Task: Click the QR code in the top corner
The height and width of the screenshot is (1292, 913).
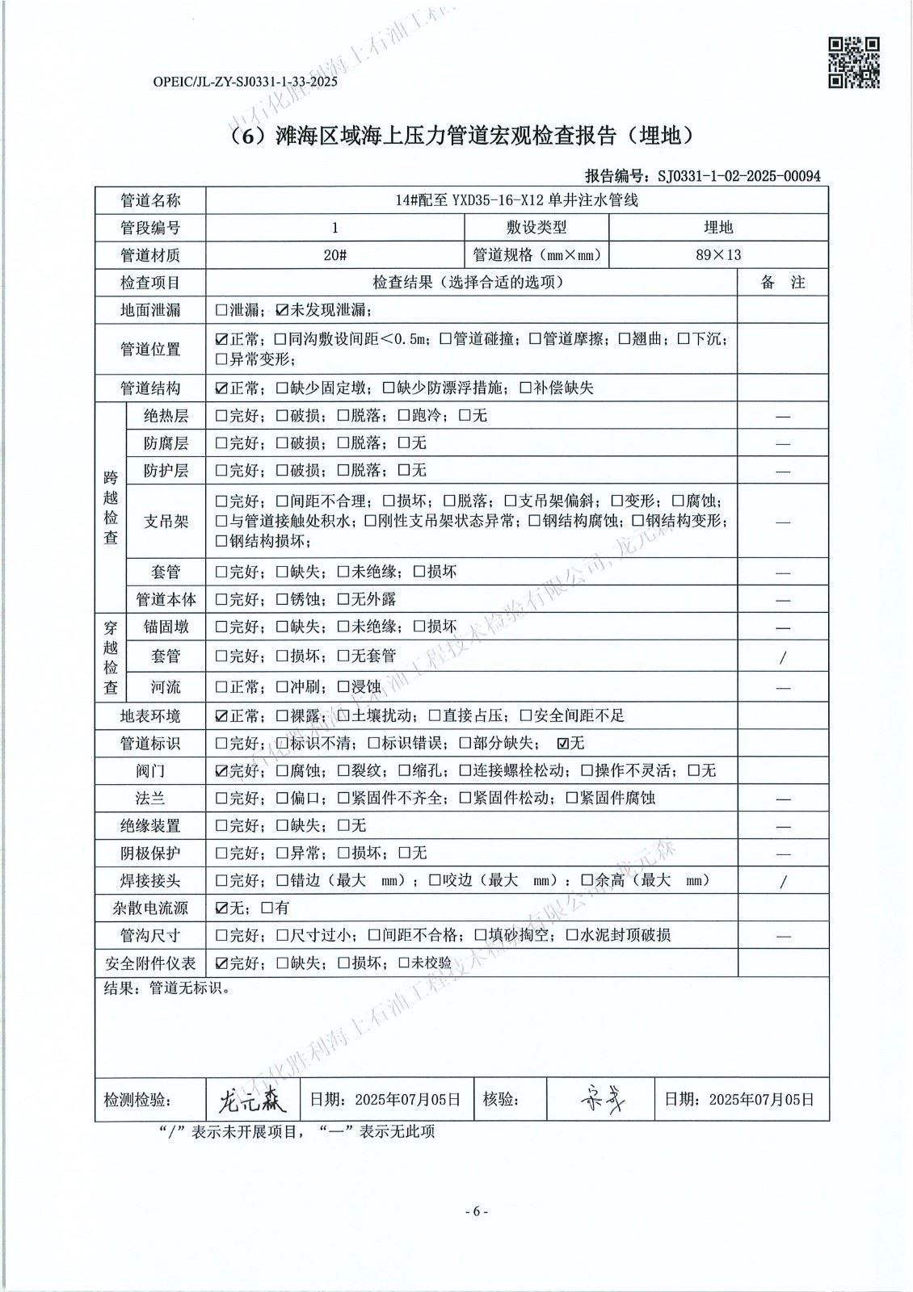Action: [x=854, y=62]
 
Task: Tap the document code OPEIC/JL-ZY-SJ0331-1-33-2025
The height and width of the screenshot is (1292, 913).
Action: [x=245, y=82]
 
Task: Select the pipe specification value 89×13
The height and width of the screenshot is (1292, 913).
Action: [x=717, y=255]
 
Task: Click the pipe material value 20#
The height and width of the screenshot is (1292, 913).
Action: [x=334, y=255]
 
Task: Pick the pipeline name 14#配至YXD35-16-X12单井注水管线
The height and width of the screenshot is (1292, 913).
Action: [x=517, y=200]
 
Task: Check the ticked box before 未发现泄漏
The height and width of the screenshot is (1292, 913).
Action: [x=281, y=310]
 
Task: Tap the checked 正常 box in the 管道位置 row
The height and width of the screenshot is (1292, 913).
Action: [x=221, y=340]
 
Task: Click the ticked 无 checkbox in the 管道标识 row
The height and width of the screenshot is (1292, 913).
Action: [x=563, y=744]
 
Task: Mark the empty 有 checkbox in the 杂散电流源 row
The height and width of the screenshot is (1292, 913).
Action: [x=267, y=908]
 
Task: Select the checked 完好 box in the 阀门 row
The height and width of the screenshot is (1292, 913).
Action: [x=221, y=771]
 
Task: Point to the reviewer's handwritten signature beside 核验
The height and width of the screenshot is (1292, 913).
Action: [x=603, y=1098]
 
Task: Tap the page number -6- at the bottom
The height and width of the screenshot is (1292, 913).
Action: [x=476, y=1211]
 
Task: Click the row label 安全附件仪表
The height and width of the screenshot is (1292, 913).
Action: [x=150, y=963]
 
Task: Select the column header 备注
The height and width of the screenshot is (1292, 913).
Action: [x=782, y=283]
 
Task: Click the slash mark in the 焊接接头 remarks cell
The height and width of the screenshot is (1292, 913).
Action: [x=782, y=882]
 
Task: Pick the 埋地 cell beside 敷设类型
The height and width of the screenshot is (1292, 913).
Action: [x=717, y=228]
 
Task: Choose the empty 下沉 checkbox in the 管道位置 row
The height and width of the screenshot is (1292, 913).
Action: [x=684, y=340]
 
